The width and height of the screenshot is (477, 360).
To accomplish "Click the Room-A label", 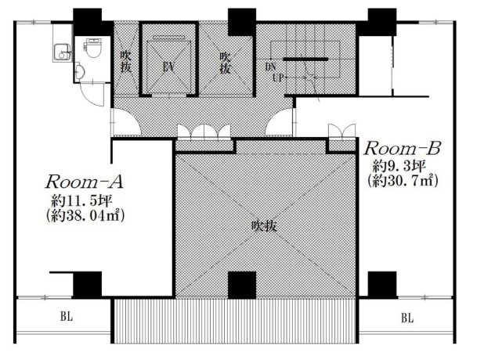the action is tap(85, 182).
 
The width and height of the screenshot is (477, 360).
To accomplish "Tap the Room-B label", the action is tap(403, 149).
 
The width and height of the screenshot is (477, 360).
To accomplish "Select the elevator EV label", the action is tap(168, 67).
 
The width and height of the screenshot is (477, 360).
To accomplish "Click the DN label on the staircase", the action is tap(270, 67).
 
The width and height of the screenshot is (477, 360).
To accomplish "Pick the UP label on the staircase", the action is tap(278, 77).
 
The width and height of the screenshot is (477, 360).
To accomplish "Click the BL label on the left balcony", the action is tap(67, 316).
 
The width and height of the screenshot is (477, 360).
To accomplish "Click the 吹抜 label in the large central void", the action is tap(264, 226).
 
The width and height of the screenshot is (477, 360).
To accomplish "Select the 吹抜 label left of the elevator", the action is tap(125, 61).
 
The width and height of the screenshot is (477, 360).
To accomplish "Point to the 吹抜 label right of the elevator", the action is tap(225, 63).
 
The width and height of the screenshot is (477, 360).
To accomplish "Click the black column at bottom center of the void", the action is tap(242, 285).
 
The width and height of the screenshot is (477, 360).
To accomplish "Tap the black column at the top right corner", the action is tap(382, 22).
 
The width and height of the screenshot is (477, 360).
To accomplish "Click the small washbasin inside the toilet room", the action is tap(79, 71).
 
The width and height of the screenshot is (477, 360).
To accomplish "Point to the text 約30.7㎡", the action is tap(402, 182).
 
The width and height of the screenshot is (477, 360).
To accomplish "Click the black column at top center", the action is tap(242, 22).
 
